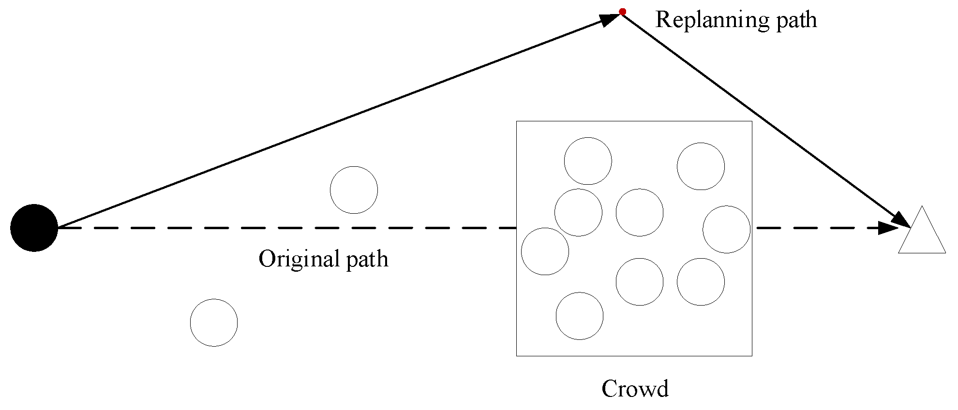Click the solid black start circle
click(34, 228)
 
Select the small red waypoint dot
click(623, 12)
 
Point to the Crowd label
click(635, 388)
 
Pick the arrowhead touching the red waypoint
click(610, 19)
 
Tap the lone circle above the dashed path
click(354, 190)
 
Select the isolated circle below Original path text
click(214, 322)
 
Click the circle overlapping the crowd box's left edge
click(545, 251)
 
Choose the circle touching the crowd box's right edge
click(726, 229)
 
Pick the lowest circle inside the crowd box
click(580, 316)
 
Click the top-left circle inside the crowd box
click(588, 161)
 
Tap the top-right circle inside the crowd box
click(701, 166)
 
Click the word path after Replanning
click(796, 20)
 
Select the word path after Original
click(367, 259)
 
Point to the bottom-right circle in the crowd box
click(701, 282)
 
